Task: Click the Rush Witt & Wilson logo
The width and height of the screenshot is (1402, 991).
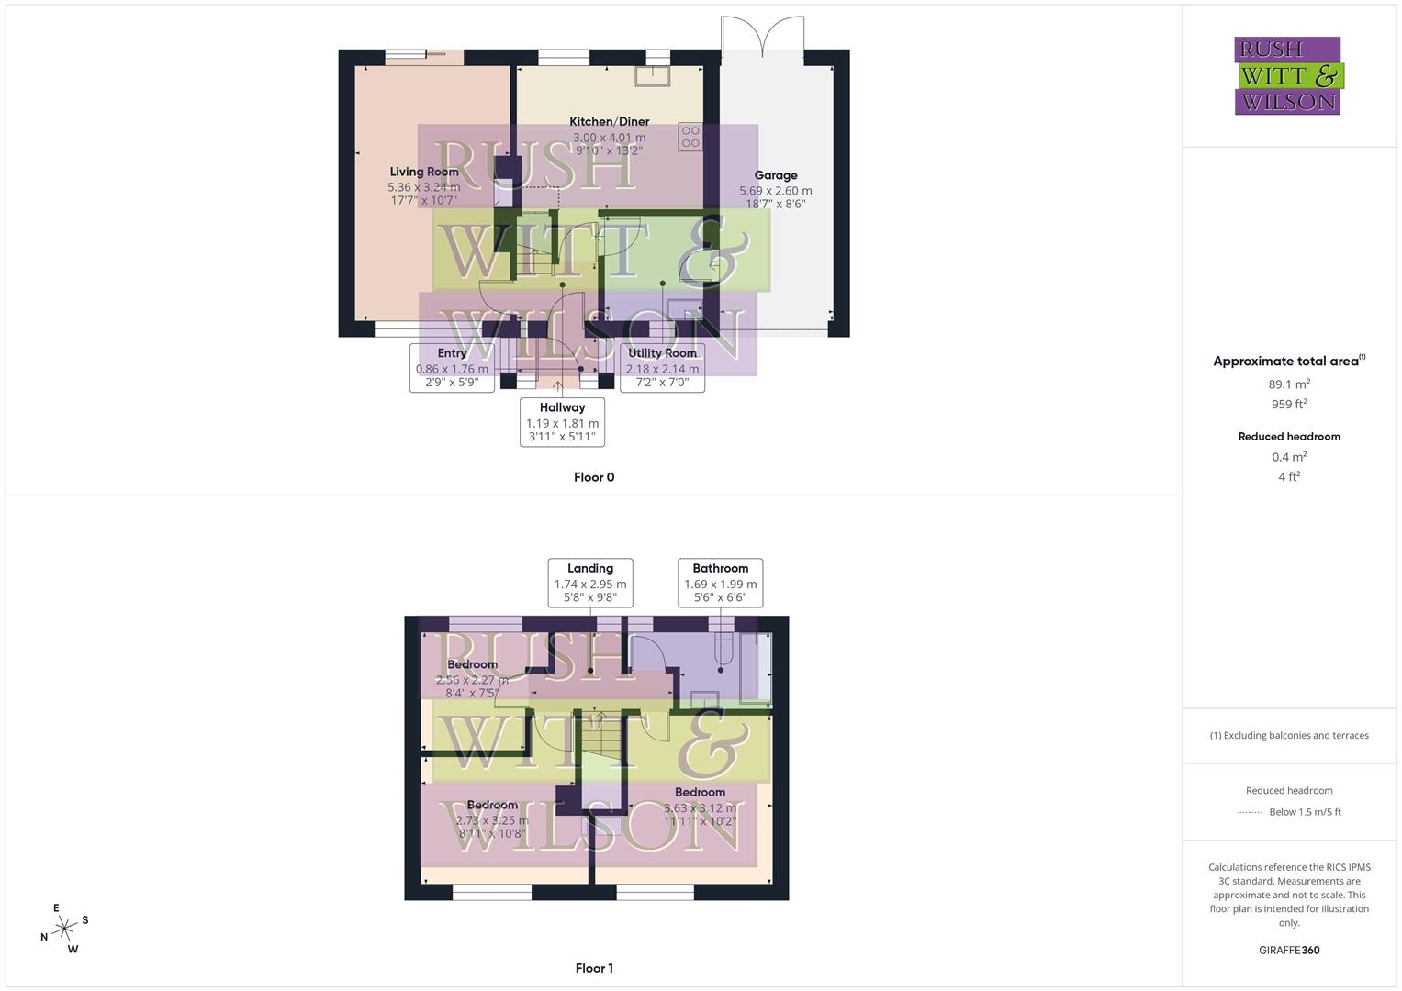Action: (1287, 75)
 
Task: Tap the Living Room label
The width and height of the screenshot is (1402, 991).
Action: (423, 172)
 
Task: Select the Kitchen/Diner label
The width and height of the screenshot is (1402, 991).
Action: (609, 121)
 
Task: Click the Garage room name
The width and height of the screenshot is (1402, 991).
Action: (776, 175)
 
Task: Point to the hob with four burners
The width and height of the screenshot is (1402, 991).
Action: (690, 137)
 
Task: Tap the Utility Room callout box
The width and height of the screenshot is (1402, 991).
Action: (662, 367)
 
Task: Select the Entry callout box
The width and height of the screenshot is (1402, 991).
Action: (452, 367)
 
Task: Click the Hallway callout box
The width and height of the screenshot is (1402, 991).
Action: (562, 422)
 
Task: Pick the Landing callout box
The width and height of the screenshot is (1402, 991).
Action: (589, 583)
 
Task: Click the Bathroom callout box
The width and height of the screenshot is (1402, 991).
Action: (720, 583)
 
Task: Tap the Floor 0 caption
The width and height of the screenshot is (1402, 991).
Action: (594, 477)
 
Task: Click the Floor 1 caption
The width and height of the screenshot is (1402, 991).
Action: (594, 968)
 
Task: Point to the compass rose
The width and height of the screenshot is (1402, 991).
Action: (64, 930)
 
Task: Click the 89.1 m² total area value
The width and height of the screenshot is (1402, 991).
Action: (1290, 384)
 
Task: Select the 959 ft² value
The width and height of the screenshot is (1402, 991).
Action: (1290, 404)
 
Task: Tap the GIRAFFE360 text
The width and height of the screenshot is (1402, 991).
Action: (1289, 951)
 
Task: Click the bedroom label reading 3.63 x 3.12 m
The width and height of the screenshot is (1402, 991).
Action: (700, 807)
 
